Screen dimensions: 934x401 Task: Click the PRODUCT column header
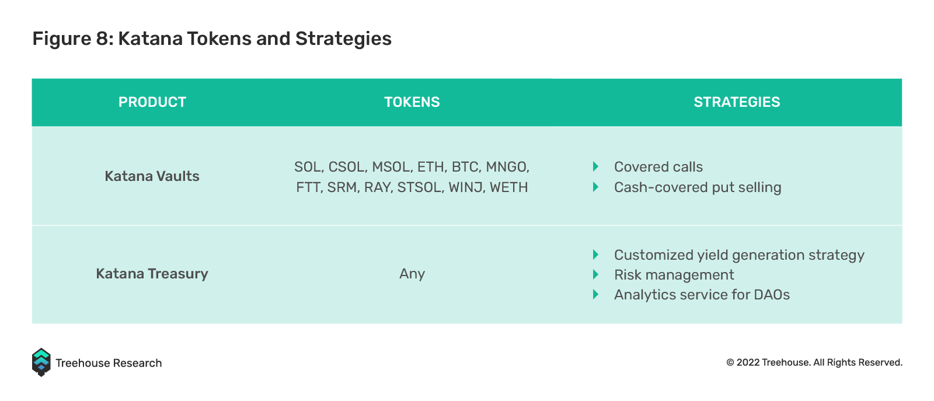(x=152, y=102)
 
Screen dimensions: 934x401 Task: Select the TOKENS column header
(x=412, y=102)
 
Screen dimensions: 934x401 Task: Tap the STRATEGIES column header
(x=737, y=102)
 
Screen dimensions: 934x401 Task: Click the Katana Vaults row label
(x=152, y=176)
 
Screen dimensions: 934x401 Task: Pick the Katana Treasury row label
(x=152, y=274)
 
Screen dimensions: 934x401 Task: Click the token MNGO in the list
(x=507, y=167)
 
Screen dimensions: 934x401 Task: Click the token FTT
(x=309, y=187)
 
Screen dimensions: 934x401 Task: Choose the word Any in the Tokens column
(x=412, y=274)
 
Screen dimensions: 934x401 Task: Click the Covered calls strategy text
(x=658, y=167)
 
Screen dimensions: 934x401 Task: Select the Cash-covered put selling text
(x=698, y=187)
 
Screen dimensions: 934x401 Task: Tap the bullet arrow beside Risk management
(x=596, y=275)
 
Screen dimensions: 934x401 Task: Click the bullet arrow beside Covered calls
(x=596, y=167)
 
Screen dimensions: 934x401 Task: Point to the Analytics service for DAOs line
(x=702, y=295)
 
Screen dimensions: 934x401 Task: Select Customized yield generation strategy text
(x=739, y=255)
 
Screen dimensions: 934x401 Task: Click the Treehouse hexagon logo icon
(x=41, y=362)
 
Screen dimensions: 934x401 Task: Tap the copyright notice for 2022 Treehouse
(x=814, y=362)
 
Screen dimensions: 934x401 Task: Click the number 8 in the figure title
(x=102, y=39)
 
